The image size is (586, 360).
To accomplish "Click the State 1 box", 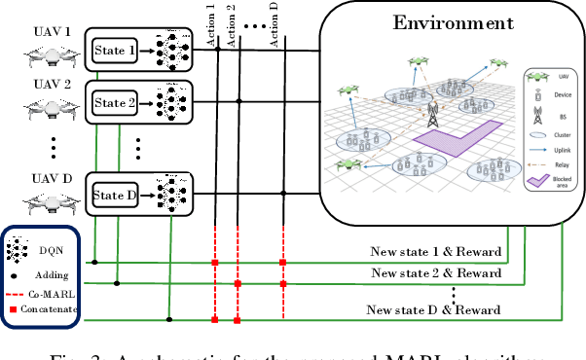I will click(115, 49).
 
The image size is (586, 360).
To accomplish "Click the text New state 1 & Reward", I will click(435, 252).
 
